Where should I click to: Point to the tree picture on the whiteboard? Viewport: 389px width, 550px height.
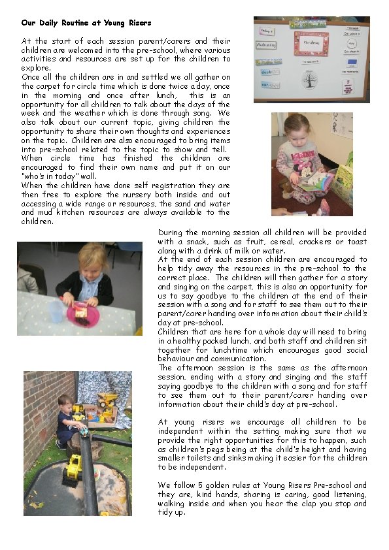pos(309,81)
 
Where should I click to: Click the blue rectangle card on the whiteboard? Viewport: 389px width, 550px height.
pos(352,62)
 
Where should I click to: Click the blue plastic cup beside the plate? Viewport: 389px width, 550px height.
pos(59,310)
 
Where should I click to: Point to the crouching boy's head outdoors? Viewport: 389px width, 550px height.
pos(63,400)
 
